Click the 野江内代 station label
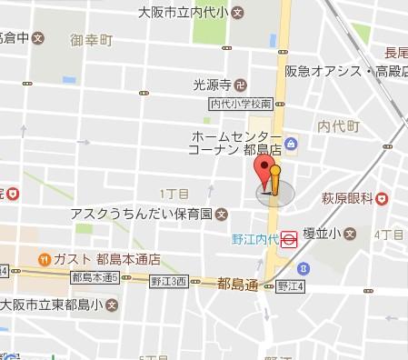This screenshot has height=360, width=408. [252, 239]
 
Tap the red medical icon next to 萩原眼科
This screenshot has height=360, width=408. [384, 197]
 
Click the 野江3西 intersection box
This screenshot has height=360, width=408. [169, 281]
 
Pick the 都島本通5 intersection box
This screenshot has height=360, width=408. [95, 276]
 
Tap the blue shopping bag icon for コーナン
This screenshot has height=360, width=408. [290, 143]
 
